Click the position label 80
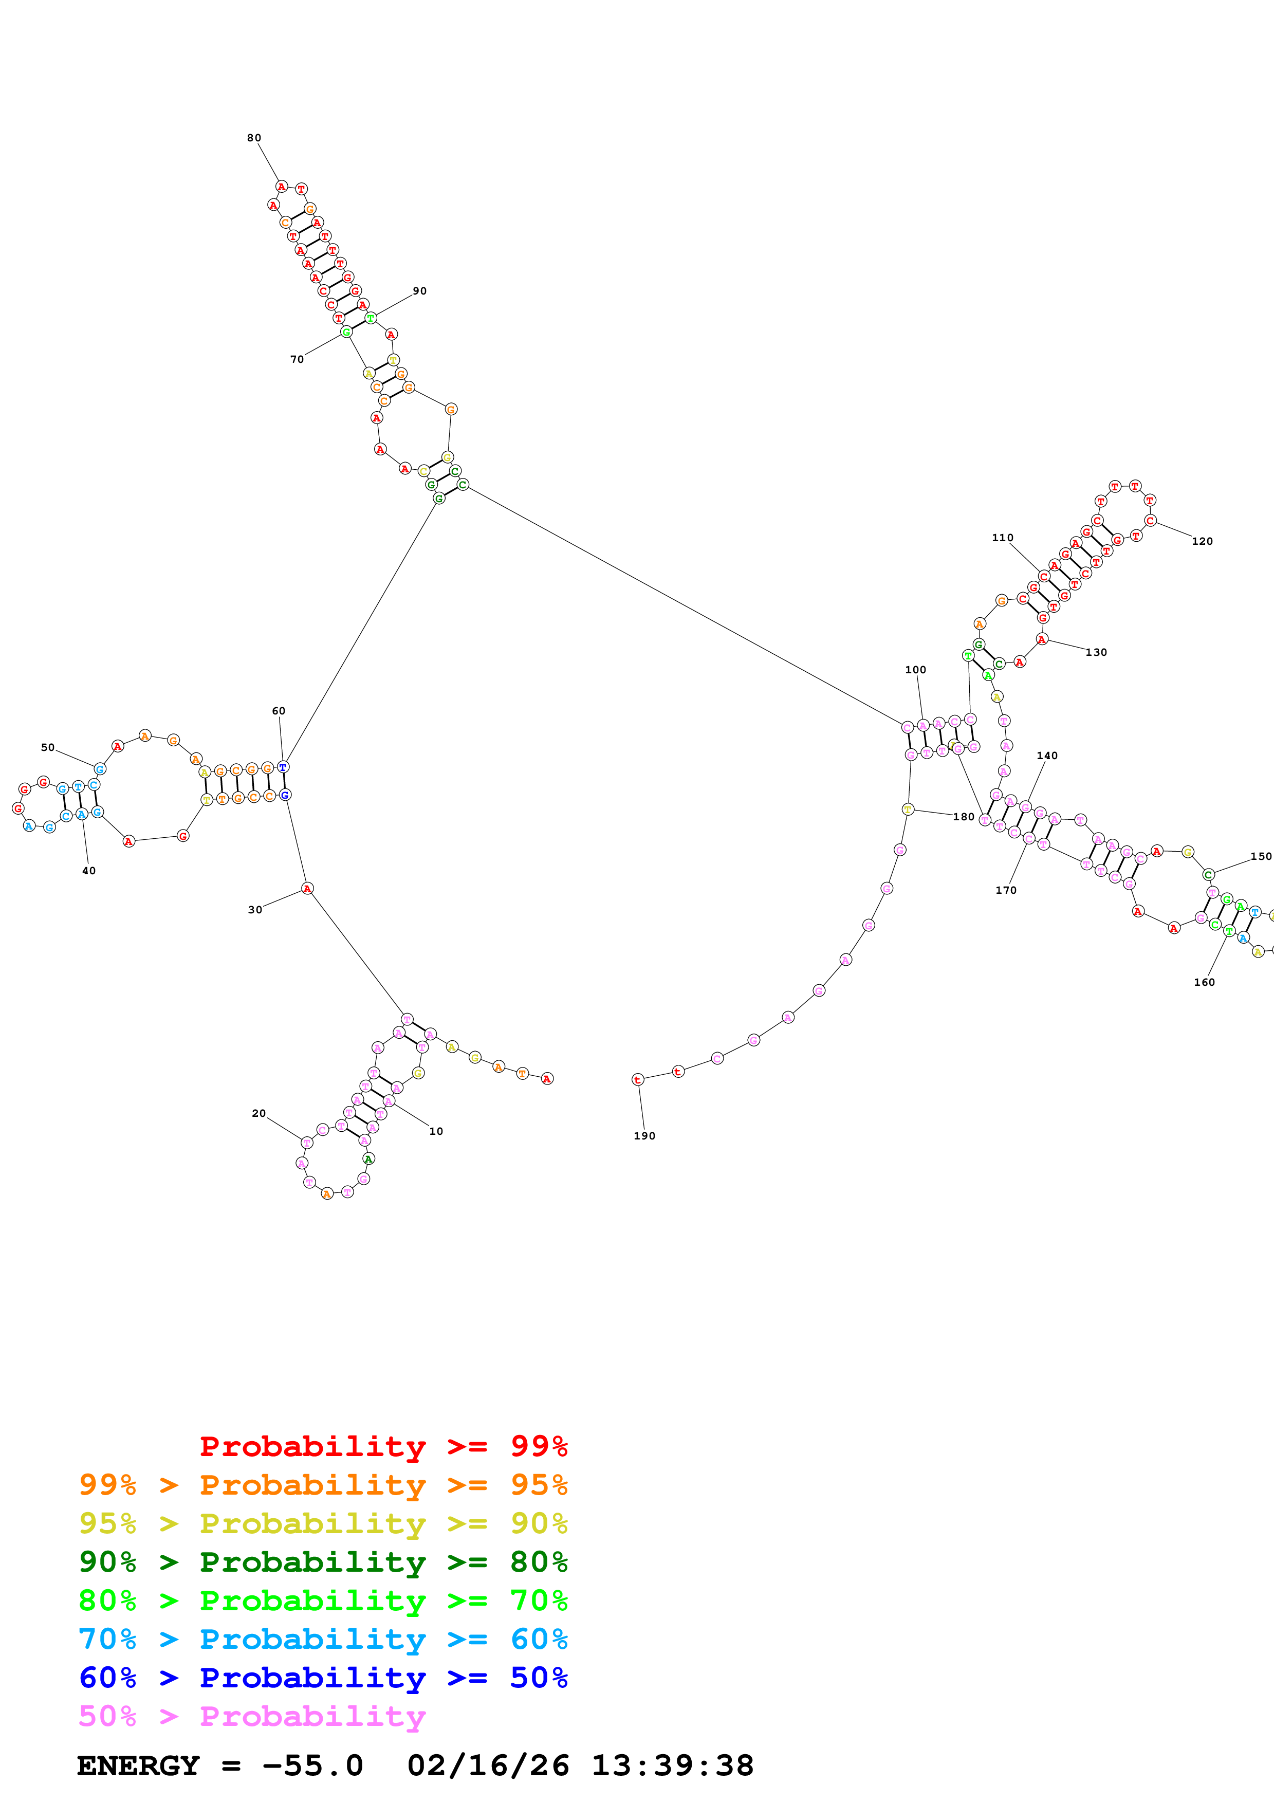(253, 138)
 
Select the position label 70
(297, 360)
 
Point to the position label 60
(279, 711)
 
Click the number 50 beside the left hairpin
(48, 748)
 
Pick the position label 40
(89, 871)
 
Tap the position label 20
(259, 1114)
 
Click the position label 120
(1202, 541)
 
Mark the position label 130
(1097, 653)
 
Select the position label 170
(1006, 891)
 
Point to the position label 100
(915, 670)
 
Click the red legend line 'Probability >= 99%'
(383, 1446)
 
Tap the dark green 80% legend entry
(323, 1562)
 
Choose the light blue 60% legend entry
(323, 1639)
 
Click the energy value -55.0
(312, 1765)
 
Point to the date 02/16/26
(488, 1765)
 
